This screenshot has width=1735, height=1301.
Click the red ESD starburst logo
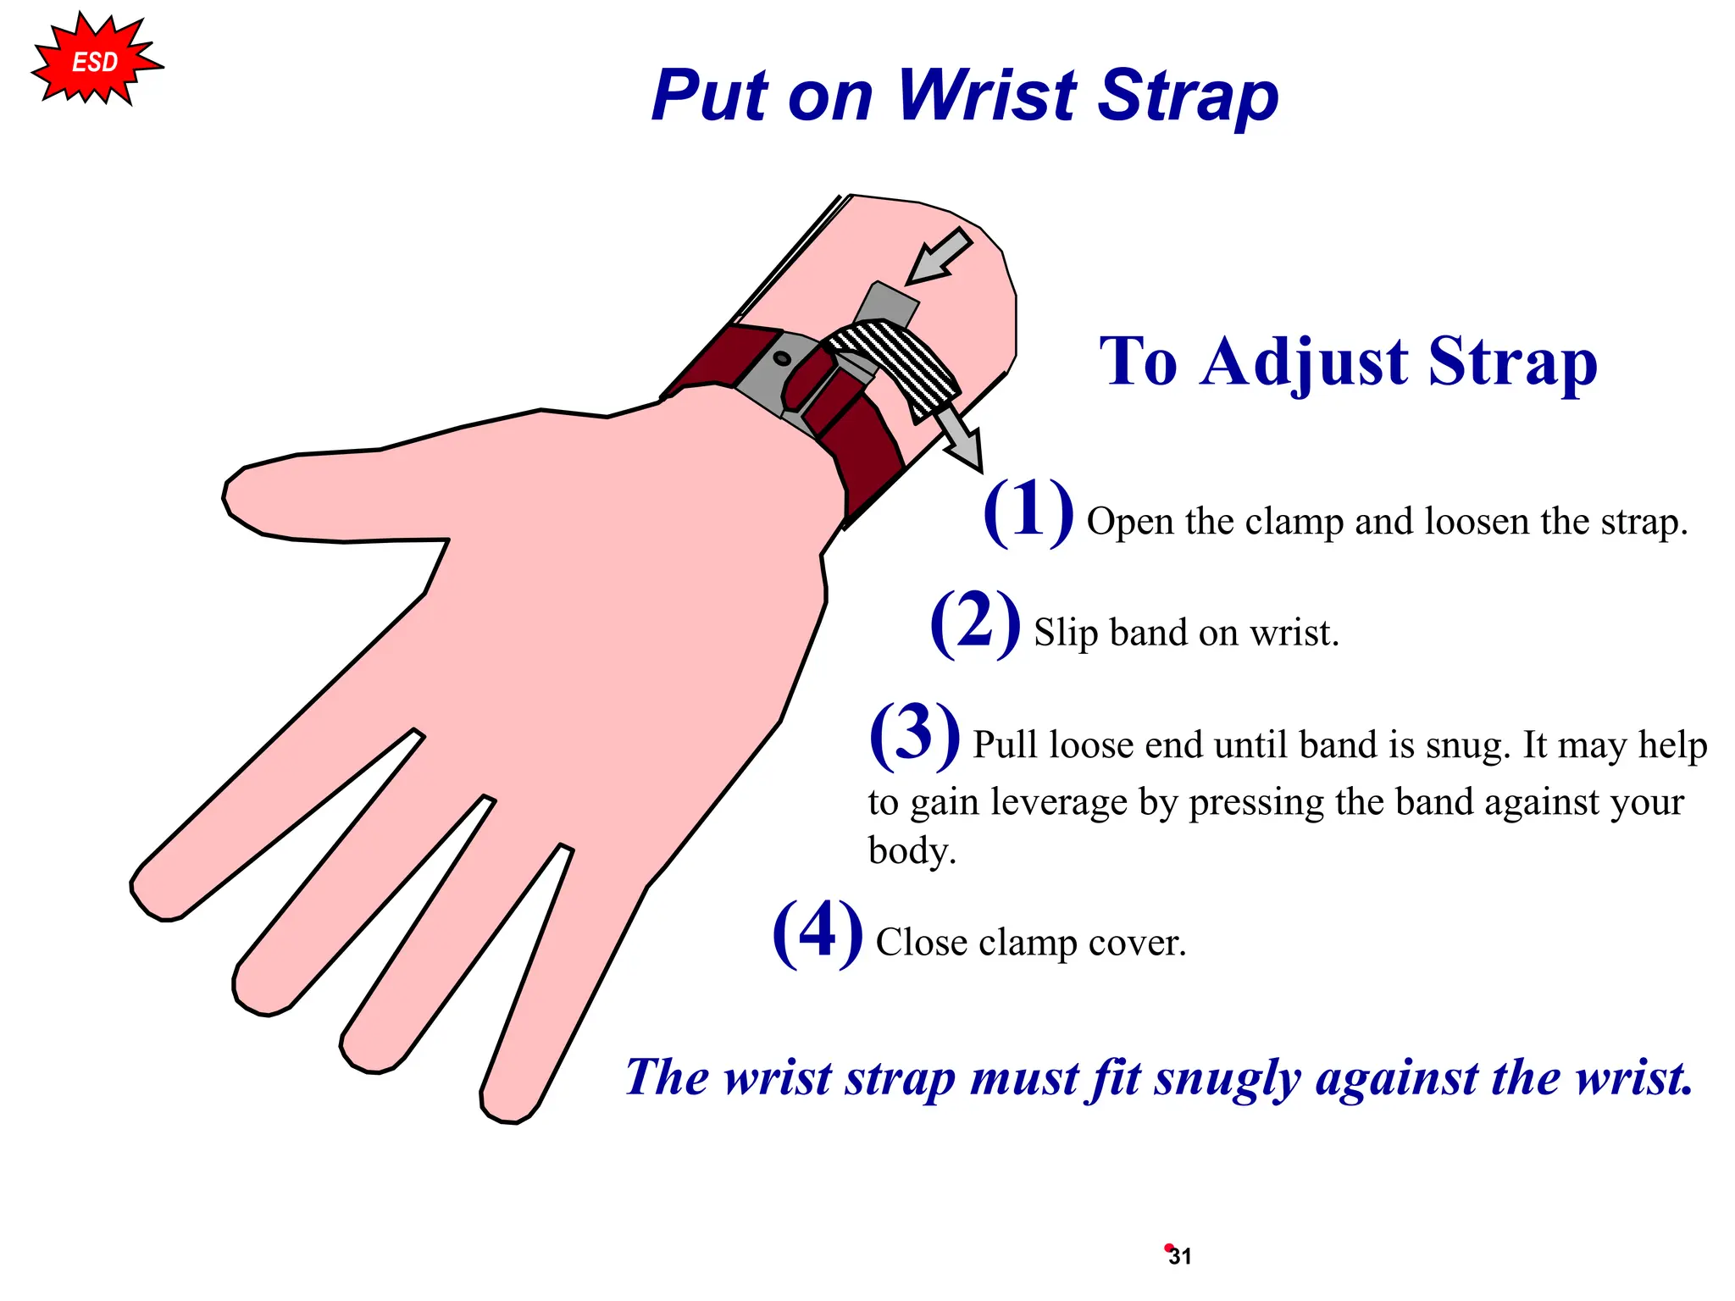click(x=95, y=62)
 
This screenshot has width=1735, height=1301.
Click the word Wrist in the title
click(x=988, y=95)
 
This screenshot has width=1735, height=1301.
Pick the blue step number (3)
click(x=915, y=734)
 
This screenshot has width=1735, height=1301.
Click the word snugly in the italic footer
click(x=1227, y=1078)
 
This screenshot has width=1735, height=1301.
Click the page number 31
click(x=1180, y=1257)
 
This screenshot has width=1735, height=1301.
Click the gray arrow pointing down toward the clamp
click(x=940, y=257)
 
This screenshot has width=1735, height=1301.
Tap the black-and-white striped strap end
click(x=898, y=360)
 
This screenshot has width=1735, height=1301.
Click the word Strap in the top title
click(x=1189, y=95)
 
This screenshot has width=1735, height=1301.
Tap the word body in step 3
click(x=911, y=851)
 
